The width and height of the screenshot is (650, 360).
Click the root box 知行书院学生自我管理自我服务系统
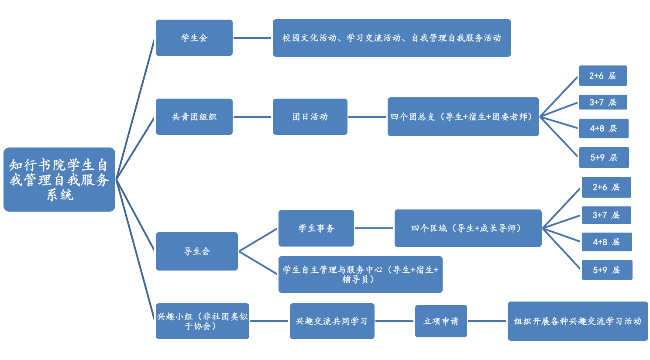[x=59, y=179]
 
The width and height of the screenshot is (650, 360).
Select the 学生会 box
[x=194, y=38]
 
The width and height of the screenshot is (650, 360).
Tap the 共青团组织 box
[x=194, y=117]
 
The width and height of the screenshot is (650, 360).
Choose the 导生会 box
[x=197, y=251]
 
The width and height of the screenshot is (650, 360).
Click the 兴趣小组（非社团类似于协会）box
[x=203, y=321]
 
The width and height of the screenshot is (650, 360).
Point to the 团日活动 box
[x=310, y=117]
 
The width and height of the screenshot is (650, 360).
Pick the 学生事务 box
[x=316, y=228]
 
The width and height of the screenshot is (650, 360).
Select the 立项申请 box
[x=441, y=321]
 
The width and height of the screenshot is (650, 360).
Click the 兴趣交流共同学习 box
[x=332, y=321]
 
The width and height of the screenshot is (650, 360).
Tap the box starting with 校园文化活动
[x=392, y=38]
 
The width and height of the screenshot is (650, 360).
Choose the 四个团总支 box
[x=463, y=117]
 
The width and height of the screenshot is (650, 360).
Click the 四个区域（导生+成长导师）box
[x=468, y=228]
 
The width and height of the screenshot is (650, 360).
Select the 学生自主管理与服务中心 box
[x=361, y=274]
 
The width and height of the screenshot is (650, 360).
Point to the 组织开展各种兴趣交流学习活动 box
[x=578, y=321]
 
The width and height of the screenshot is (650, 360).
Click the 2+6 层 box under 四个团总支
[x=603, y=76]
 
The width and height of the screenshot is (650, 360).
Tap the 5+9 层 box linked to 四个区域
[x=607, y=270]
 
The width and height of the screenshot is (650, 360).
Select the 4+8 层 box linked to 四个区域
[x=607, y=242]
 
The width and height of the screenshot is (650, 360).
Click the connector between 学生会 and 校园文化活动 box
[x=253, y=38]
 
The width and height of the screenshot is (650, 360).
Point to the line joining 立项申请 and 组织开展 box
[x=487, y=321]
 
